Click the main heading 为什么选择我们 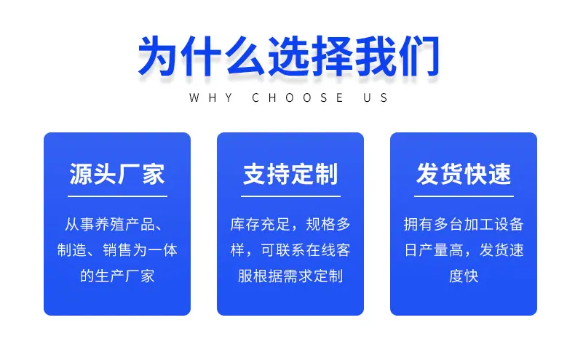click(288, 56)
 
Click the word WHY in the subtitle click(211, 97)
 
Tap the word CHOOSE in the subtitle click(298, 97)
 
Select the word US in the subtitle click(376, 97)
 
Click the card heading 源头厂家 click(117, 174)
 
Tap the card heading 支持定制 click(290, 174)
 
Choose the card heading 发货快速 click(464, 174)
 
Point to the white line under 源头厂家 click(117, 196)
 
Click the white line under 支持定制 click(290, 196)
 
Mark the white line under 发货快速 click(464, 196)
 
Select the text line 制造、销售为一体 click(117, 250)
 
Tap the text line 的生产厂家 click(117, 276)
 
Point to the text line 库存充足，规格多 click(290, 224)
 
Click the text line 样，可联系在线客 click(290, 250)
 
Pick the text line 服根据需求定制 click(290, 276)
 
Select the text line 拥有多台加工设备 click(464, 224)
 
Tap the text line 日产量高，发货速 click(464, 250)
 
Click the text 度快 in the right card click(464, 276)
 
